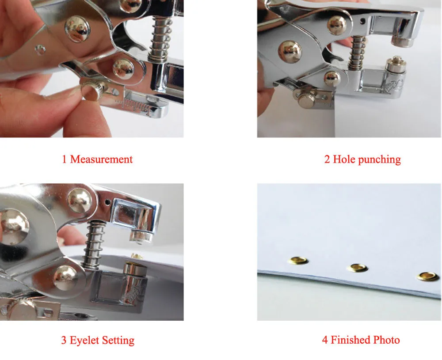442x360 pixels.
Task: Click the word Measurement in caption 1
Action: [101, 159]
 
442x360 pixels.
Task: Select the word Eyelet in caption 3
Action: [84, 340]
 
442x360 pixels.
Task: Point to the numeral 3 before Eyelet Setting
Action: [64, 340]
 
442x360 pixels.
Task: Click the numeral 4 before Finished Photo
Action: [325, 340]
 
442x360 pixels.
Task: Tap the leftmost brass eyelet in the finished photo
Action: [298, 261]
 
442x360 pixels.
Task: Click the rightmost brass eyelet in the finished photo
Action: [429, 277]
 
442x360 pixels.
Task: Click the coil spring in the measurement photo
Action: [160, 39]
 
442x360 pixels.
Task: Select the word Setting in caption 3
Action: [118, 341]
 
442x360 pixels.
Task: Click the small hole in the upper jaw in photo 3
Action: [107, 202]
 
